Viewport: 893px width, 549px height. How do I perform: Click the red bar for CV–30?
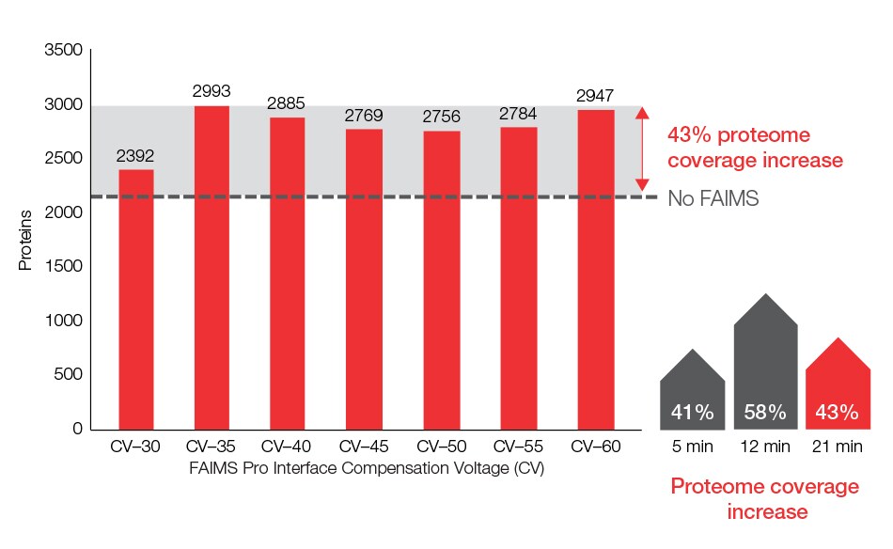pyautogui.click(x=135, y=299)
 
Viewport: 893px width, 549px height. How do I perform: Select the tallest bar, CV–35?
pyautogui.click(x=212, y=268)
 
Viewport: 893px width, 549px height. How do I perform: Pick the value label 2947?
pyautogui.click(x=596, y=96)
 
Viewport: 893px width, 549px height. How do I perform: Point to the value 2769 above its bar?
pyautogui.click(x=366, y=116)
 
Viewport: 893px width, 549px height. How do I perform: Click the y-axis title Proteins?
pyautogui.click(x=26, y=241)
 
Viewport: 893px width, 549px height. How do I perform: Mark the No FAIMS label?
pyautogui.click(x=713, y=198)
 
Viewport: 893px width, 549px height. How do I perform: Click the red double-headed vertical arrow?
pyautogui.click(x=642, y=149)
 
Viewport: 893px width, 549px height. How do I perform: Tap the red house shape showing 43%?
pyautogui.click(x=838, y=385)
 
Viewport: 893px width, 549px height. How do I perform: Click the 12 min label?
pyautogui.click(x=765, y=447)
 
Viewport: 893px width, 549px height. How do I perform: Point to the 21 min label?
pyautogui.click(x=837, y=447)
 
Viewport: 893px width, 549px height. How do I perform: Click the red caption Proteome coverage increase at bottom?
pyautogui.click(x=764, y=499)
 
